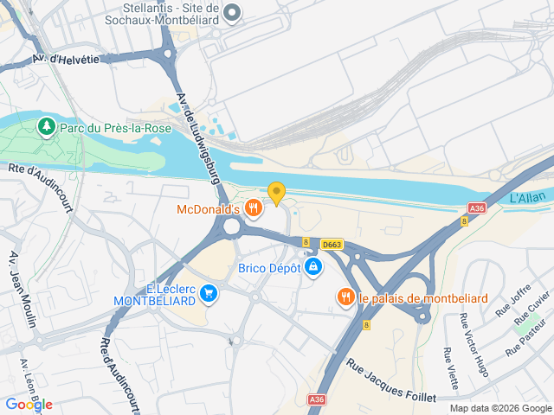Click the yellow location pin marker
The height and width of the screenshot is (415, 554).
pyautogui.click(x=276, y=193)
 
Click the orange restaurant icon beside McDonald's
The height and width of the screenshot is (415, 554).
pyautogui.click(x=253, y=207)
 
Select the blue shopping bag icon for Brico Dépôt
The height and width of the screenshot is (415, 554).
pyautogui.click(x=313, y=268)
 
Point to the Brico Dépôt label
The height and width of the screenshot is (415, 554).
pyautogui.click(x=269, y=268)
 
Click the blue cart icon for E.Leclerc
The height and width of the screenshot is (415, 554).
pyautogui.click(x=208, y=295)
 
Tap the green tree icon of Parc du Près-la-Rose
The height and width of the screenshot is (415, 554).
pyautogui.click(x=46, y=128)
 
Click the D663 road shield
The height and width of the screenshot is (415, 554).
pyautogui.click(x=332, y=246)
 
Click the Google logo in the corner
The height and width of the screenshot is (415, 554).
pyautogui.click(x=29, y=404)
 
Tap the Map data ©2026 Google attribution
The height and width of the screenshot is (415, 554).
pyautogui.click(x=500, y=408)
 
